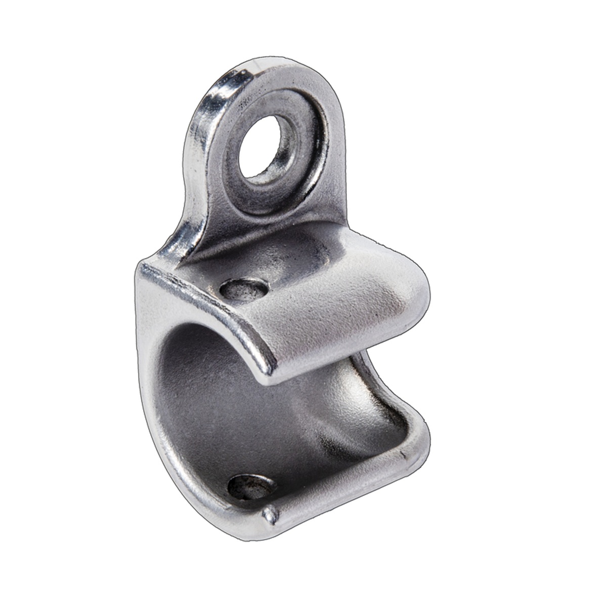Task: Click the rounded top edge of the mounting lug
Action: tap(263, 68)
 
